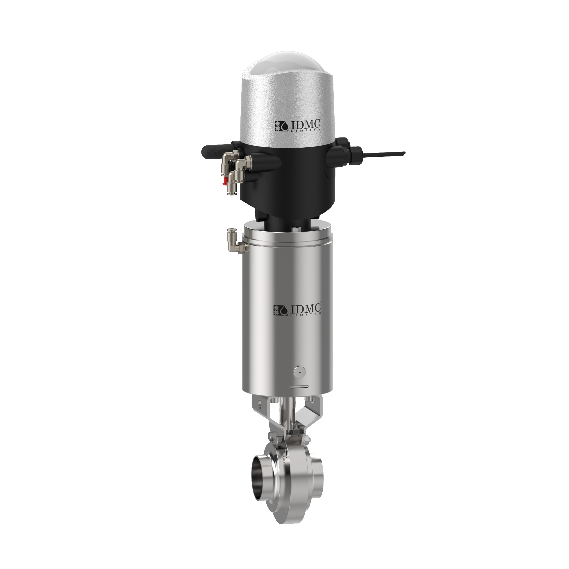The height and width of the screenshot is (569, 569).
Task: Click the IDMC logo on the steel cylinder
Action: click(x=297, y=310)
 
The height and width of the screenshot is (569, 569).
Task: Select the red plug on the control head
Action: click(x=225, y=181)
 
